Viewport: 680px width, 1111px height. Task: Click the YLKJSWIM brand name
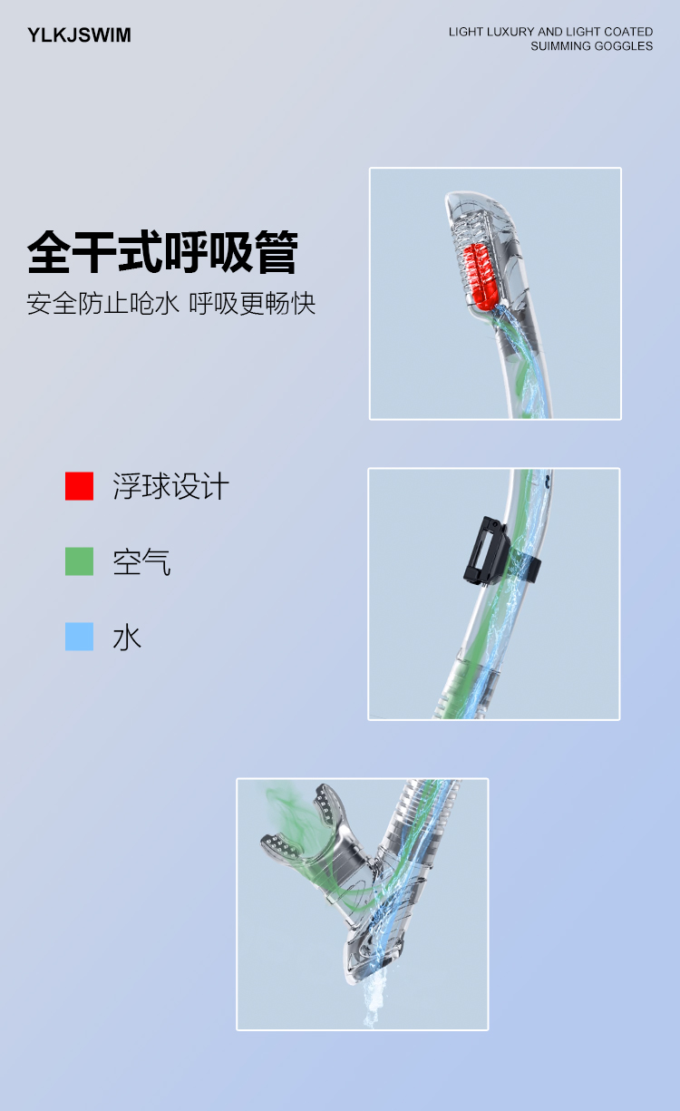click(x=79, y=35)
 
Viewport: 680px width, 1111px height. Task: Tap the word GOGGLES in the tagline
click(x=623, y=46)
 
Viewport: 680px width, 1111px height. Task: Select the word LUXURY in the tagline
click(x=510, y=32)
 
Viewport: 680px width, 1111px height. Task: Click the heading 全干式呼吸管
click(x=162, y=252)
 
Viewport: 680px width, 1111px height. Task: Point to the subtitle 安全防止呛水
click(x=102, y=304)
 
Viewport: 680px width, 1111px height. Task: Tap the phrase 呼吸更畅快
click(x=252, y=304)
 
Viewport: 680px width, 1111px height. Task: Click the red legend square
click(x=80, y=486)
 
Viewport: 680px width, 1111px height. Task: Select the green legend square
click(x=80, y=561)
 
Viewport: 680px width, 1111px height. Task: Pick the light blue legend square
click(x=80, y=637)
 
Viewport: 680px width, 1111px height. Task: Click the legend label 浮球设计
click(x=171, y=486)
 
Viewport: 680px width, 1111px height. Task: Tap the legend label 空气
click(x=141, y=562)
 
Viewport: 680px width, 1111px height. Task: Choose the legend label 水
click(x=127, y=638)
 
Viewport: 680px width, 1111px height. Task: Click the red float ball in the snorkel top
click(x=479, y=278)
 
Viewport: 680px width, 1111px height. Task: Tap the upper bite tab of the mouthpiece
click(x=327, y=806)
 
